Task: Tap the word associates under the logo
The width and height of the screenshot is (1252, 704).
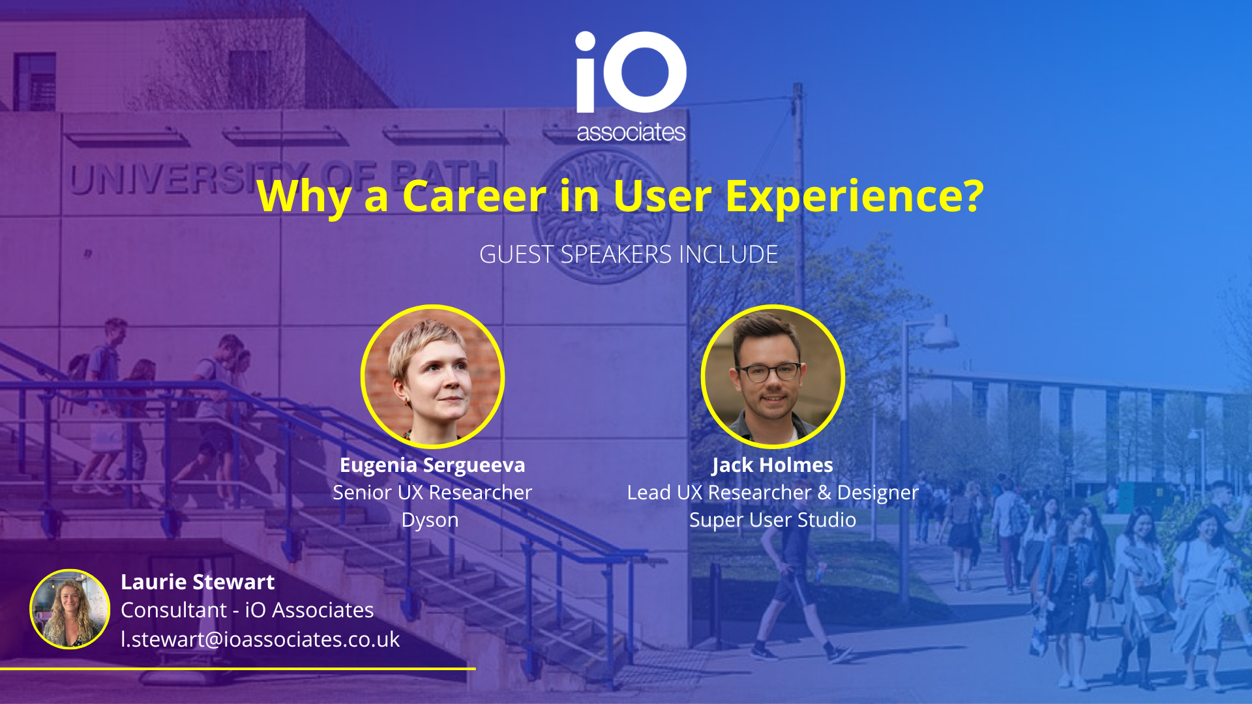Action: tap(631, 132)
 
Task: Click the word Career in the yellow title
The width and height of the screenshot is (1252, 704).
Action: tap(474, 196)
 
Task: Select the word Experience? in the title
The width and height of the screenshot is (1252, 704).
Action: tap(854, 197)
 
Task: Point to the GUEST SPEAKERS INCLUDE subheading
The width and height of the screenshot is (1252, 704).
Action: tap(629, 254)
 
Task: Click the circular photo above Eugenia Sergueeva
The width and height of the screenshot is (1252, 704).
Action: tap(432, 377)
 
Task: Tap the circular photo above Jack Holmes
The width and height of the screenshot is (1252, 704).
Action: tap(773, 377)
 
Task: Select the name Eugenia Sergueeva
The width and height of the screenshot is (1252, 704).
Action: tap(432, 465)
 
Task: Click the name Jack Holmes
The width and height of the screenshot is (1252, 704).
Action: tap(773, 465)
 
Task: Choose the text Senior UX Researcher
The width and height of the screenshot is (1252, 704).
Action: tap(432, 492)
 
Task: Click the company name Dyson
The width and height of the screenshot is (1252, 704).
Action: tap(430, 521)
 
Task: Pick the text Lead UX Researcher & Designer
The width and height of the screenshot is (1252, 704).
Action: tap(773, 493)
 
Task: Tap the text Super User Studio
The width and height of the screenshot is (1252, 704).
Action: tap(773, 520)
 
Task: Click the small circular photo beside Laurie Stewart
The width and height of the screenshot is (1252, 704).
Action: tap(70, 609)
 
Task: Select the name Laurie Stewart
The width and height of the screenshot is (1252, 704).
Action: tap(198, 581)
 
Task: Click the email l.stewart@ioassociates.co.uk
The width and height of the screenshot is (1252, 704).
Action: tap(260, 639)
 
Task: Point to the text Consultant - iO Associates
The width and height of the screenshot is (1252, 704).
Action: tap(247, 610)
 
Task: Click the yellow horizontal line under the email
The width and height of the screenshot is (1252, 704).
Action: tap(238, 668)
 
